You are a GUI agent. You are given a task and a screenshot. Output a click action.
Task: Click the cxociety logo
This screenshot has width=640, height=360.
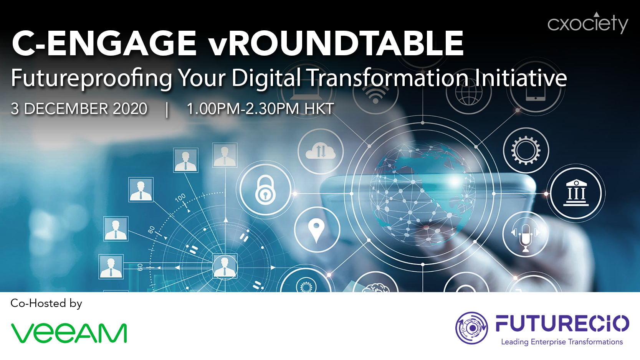[x=588, y=23]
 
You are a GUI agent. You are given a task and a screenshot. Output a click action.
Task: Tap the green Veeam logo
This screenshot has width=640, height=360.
[x=69, y=333]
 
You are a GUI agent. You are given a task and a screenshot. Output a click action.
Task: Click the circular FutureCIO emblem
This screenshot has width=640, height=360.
[x=471, y=328]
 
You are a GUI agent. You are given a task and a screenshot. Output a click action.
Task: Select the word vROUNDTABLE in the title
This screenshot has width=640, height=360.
[x=336, y=43]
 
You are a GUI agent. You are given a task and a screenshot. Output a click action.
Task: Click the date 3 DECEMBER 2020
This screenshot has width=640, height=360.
[x=79, y=109]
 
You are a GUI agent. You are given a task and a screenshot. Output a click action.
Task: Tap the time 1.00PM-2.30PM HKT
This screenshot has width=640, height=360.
[x=260, y=109]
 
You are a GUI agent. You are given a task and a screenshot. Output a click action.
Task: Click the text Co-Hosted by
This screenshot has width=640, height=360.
[x=46, y=303]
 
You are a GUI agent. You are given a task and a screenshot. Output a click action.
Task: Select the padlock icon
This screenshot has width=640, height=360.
[x=265, y=190]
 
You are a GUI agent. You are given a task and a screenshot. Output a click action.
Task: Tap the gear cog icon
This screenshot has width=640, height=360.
[x=526, y=150]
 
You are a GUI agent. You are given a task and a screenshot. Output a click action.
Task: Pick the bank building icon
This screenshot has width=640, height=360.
[x=576, y=193]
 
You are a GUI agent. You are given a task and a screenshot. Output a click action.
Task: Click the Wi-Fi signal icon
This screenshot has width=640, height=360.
[x=375, y=94]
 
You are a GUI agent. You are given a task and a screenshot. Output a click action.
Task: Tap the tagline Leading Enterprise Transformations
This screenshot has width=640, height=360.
[x=562, y=342]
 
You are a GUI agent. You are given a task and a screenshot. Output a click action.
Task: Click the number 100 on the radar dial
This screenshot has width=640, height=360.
[x=180, y=197]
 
